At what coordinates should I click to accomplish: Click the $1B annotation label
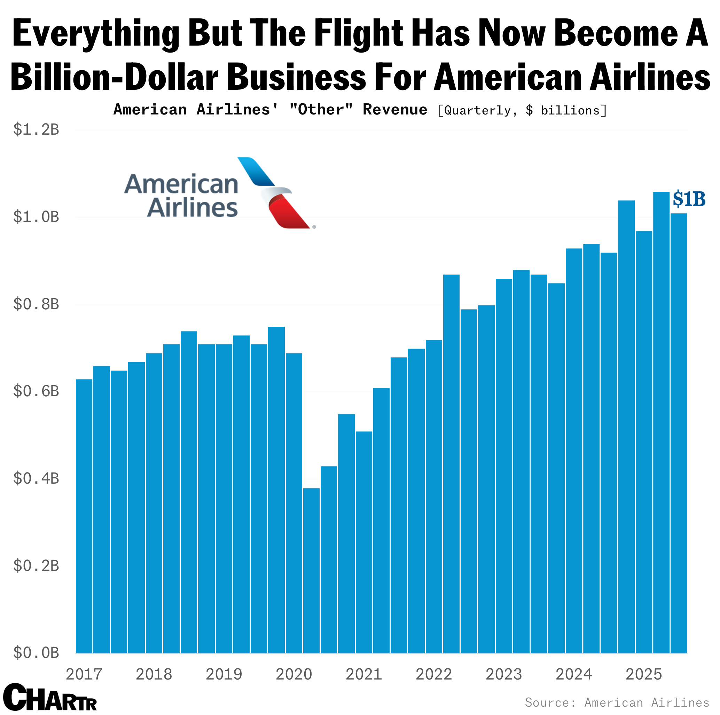689,199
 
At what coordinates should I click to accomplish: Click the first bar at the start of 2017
84,514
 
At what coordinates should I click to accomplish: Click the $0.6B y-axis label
36,391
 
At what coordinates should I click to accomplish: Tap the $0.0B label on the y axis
36,653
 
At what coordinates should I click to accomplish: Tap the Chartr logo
50,698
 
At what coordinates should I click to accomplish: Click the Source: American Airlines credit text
617,702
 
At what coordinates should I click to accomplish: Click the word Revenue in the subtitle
395,110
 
